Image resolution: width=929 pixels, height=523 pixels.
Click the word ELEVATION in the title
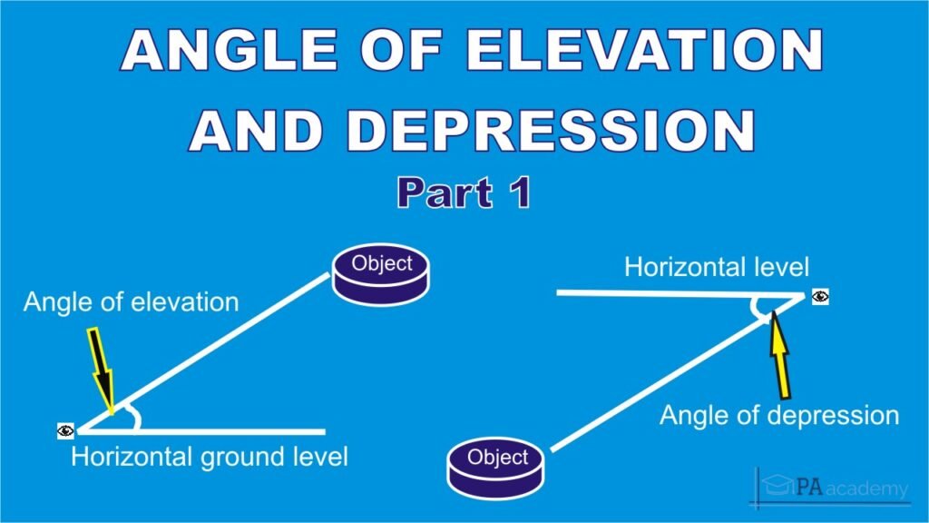click(x=645, y=51)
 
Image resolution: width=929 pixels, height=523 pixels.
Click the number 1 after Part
click(x=521, y=193)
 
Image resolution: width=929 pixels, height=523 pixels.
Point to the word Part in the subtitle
click(x=445, y=193)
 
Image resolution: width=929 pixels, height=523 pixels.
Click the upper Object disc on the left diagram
click(x=381, y=274)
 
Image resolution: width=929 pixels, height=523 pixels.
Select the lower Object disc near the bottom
click(x=496, y=468)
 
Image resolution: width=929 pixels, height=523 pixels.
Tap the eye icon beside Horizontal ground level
click(x=65, y=430)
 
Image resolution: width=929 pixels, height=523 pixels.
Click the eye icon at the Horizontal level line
click(x=820, y=297)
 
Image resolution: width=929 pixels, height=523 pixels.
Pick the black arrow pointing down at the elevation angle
click(x=102, y=370)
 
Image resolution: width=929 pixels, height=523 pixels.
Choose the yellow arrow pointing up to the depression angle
click(x=780, y=355)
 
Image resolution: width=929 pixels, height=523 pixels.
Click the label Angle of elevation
click(x=131, y=302)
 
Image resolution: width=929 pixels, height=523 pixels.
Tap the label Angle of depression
click(x=779, y=415)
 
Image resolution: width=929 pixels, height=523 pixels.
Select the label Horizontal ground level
click(x=210, y=458)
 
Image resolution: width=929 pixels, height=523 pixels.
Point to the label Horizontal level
click(x=717, y=268)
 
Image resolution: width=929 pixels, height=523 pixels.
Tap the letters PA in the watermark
click(x=809, y=487)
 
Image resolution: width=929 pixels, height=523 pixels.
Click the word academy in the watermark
click(x=866, y=489)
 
